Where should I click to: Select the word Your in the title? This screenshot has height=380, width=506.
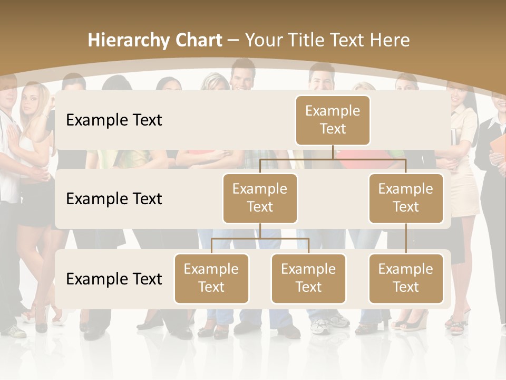pyautogui.click(x=266, y=41)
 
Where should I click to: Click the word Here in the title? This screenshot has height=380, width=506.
pyautogui.click(x=390, y=41)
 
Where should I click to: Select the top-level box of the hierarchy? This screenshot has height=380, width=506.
pyautogui.click(x=333, y=120)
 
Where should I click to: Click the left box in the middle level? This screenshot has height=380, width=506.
pyautogui.click(x=260, y=198)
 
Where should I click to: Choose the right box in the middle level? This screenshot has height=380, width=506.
pyautogui.click(x=406, y=198)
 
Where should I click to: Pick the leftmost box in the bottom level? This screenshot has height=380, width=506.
pyautogui.click(x=211, y=278)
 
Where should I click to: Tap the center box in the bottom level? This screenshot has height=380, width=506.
pyautogui.click(x=308, y=278)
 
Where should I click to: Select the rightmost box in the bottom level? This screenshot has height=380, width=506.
pyautogui.click(x=406, y=278)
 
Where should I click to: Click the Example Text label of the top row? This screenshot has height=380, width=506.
pyautogui.click(x=114, y=120)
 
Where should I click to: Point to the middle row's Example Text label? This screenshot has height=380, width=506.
pyautogui.click(x=114, y=199)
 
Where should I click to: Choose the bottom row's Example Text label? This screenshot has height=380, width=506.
pyautogui.click(x=114, y=279)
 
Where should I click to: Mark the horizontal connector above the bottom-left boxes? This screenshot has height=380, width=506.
pyautogui.click(x=260, y=239)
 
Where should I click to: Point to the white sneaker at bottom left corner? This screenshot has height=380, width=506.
pyautogui.click(x=14, y=331)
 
